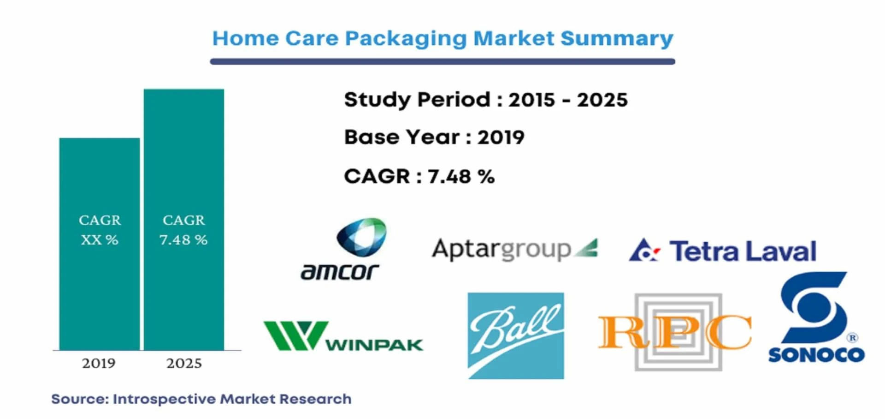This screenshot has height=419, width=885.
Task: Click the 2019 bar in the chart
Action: pyautogui.click(x=100, y=244)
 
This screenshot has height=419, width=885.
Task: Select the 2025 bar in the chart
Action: pyautogui.click(x=184, y=219)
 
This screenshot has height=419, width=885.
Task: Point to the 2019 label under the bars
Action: pyautogui.click(x=99, y=364)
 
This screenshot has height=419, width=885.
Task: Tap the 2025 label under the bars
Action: pyautogui.click(x=184, y=364)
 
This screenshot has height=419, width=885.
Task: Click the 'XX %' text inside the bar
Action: pyautogui.click(x=100, y=240)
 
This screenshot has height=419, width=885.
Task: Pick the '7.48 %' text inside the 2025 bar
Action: pyautogui.click(x=183, y=240)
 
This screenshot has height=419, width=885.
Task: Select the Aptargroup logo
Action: pyautogui.click(x=515, y=249)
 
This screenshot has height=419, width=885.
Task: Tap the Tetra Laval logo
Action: pyautogui.click(x=723, y=251)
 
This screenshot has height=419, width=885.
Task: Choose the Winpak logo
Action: pyautogui.click(x=343, y=336)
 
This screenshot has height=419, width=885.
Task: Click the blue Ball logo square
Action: pyautogui.click(x=516, y=336)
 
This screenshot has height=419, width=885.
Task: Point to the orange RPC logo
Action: pyautogui.click(x=675, y=332)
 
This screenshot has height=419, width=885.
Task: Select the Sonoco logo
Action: pyautogui.click(x=816, y=317)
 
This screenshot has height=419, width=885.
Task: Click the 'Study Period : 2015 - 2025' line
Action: pyautogui.click(x=486, y=100)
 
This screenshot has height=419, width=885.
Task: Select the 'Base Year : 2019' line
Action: pyautogui.click(x=434, y=137)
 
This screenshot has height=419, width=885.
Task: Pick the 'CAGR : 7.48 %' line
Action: pyautogui.click(x=419, y=176)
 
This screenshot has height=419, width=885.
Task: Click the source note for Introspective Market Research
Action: pyautogui.click(x=201, y=399)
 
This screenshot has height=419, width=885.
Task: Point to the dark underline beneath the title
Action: pyautogui.click(x=442, y=61)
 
